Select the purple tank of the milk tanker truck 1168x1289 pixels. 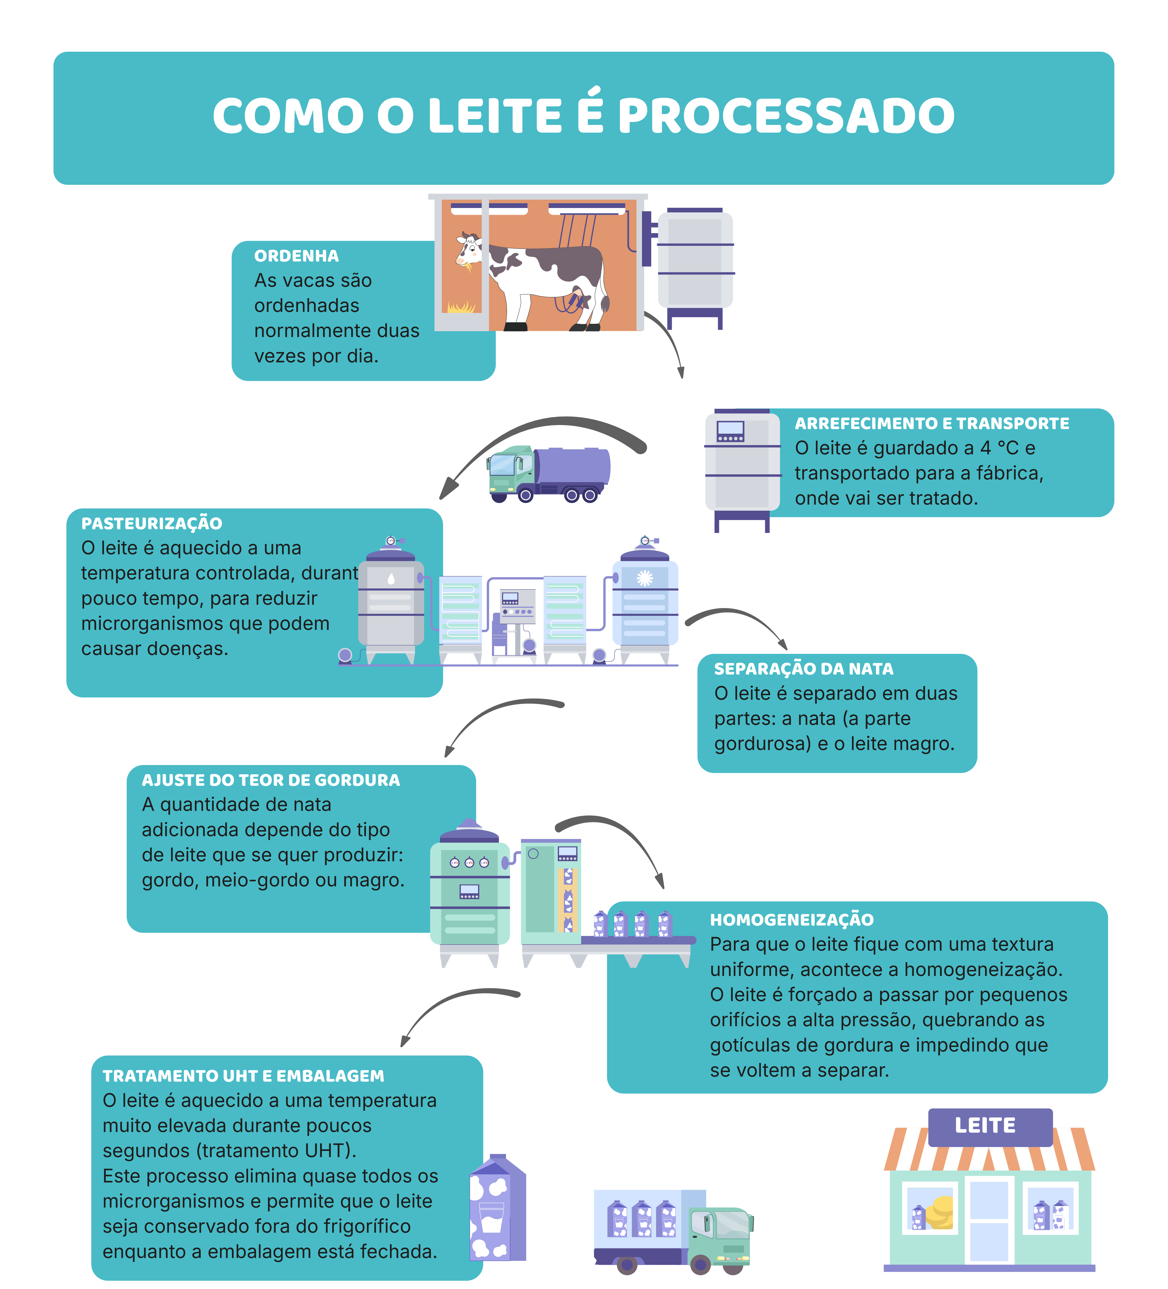pos(571,466)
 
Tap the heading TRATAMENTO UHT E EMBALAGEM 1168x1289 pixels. pos(243,1076)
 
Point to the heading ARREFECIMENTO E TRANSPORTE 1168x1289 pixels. pos(932,423)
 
